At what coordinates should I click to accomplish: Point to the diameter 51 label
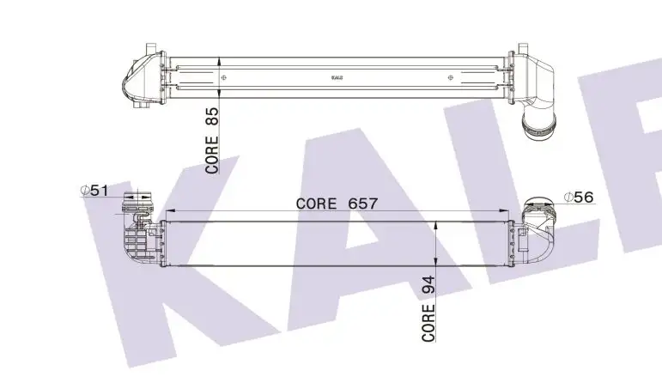coord(94,191)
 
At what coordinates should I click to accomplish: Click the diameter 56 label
coord(579,197)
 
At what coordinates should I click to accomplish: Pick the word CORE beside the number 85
coord(213,153)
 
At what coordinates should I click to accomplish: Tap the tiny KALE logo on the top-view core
coord(337,77)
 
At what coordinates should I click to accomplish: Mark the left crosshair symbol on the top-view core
coord(224,77)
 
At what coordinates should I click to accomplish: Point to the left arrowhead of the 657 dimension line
coord(167,211)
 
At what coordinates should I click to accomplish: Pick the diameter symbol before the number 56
coord(568,197)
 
